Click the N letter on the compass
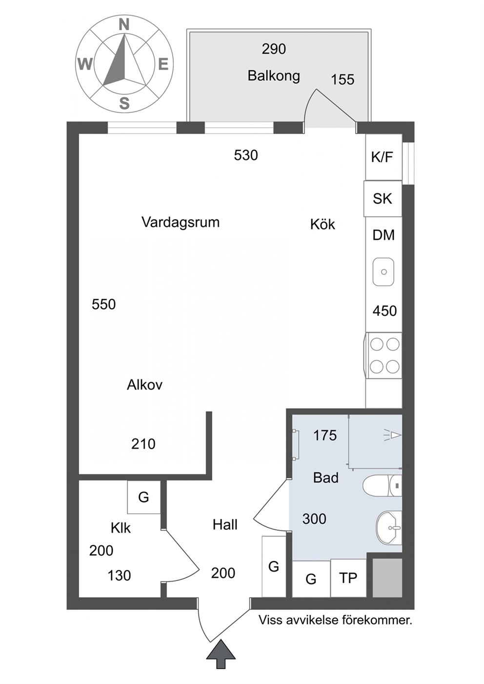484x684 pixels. [x=124, y=24]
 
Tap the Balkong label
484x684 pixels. [x=274, y=76]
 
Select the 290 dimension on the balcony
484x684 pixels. [x=274, y=49]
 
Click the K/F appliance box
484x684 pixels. [x=384, y=157]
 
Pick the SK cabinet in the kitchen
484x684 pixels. [x=383, y=199]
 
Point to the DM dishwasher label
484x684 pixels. [x=384, y=235]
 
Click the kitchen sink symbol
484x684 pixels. [x=383, y=272]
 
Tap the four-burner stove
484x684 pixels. [x=384, y=355]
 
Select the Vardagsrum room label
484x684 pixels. [x=181, y=222]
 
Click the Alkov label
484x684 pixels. [x=144, y=385]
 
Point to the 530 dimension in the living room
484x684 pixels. [x=246, y=155]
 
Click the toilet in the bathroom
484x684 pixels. [x=382, y=485]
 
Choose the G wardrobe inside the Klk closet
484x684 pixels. [x=143, y=497]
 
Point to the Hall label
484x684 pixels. [x=225, y=525]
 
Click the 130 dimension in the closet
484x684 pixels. [x=119, y=576]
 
